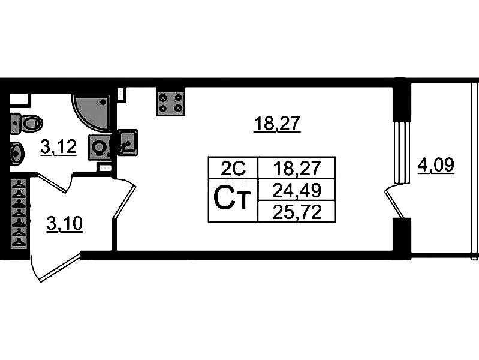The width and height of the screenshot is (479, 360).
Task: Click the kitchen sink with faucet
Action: [x=128, y=143]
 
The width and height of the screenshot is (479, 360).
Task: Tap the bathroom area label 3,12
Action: [x=58, y=146]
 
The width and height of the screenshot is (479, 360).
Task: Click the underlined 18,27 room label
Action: [x=276, y=124]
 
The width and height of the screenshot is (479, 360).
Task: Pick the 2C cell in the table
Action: [x=232, y=167]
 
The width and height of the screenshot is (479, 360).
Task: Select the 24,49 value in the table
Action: [x=296, y=190]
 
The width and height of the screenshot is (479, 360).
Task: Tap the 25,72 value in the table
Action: [x=296, y=211]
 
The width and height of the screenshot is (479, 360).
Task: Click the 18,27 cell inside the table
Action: [x=296, y=167]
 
